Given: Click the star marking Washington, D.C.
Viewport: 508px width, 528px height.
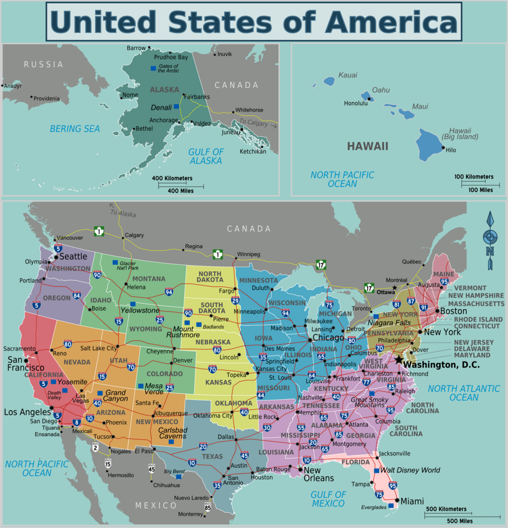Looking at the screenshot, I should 398,359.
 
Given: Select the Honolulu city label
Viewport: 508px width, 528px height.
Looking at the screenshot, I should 356,103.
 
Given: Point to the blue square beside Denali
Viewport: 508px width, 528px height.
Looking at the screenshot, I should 177,107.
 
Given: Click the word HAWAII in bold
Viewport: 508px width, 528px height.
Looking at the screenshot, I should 367,146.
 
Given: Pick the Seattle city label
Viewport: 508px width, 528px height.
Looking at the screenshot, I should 73,256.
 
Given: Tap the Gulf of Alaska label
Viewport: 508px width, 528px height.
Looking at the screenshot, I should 206,156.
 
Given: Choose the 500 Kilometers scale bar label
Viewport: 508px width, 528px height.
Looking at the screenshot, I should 446,509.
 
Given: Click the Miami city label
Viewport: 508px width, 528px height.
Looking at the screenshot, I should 412,501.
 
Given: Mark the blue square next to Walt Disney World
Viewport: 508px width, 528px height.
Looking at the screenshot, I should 376,470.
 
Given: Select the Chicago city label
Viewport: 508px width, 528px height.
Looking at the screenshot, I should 328,337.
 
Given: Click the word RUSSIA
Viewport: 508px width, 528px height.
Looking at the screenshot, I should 43,64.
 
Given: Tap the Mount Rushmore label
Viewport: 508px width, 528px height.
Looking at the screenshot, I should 183,332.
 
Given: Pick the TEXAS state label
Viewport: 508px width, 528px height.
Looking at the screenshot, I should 213,456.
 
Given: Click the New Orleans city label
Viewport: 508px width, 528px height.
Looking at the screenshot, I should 319,474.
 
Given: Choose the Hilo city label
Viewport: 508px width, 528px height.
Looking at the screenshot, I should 451,150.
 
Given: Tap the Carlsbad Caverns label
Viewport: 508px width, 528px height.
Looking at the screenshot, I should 173,433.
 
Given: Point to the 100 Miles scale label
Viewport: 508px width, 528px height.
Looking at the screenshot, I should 480,190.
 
